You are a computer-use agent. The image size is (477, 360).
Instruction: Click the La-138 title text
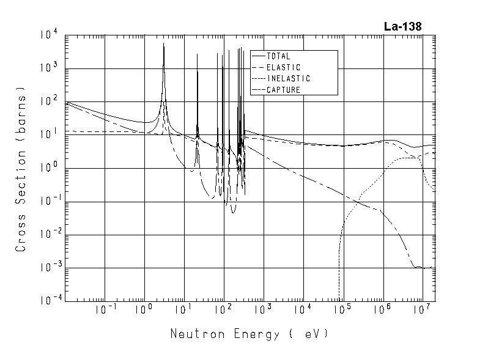point(402,26)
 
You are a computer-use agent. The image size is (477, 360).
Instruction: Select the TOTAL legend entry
point(278,56)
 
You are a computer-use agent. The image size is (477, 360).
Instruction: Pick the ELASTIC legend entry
point(284,67)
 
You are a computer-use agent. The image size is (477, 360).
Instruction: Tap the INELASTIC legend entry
point(288,79)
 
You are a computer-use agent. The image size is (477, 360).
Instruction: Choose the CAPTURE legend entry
point(283,90)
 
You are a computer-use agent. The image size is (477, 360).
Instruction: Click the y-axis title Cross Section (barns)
point(21,173)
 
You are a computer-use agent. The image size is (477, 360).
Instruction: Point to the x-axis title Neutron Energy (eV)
point(249,334)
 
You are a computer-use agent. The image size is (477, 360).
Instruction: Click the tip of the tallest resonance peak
point(163,44)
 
